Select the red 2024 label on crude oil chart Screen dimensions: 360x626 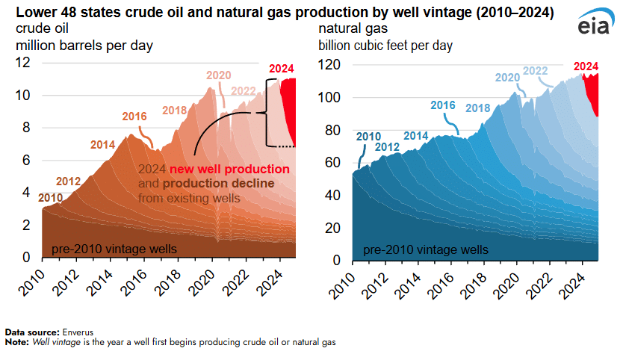tap(281, 69)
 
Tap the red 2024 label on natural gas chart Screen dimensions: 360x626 tap(586, 66)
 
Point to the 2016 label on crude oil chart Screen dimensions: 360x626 tap(134, 117)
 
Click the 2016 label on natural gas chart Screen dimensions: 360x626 tap(442, 105)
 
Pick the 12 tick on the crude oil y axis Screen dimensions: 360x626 tap(24, 63)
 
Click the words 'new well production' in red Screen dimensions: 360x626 tap(229, 169)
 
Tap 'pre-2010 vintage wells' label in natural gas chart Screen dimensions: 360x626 tap(427, 249)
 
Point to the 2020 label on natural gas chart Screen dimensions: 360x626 tap(507, 77)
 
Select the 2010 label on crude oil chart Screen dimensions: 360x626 tap(51, 197)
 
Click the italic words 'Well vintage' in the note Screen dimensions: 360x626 tap(50, 341)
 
